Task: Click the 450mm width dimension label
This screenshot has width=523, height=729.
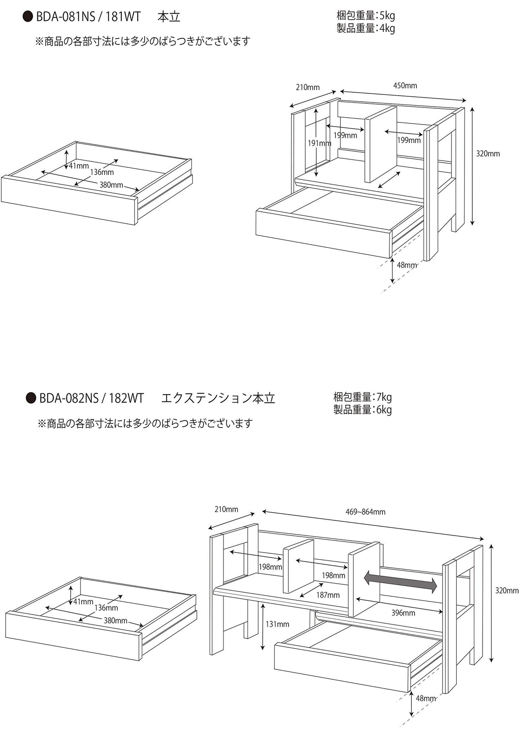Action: [x=405, y=86]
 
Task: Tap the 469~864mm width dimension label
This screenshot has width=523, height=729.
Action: [x=365, y=512]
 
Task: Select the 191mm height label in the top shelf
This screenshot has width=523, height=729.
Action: [x=319, y=143]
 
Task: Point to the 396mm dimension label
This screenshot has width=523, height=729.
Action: [x=403, y=613]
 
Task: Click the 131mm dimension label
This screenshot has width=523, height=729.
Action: [x=277, y=624]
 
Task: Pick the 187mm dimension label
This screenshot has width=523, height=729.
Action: [x=328, y=595]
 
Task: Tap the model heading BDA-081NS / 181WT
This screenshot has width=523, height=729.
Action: [x=88, y=17]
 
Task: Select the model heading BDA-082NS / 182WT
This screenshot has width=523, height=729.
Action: [x=91, y=398]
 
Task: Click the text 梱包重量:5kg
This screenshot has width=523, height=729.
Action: [x=366, y=16]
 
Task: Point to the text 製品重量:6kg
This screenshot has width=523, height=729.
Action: [x=362, y=410]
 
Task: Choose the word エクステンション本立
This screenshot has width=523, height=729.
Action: [x=218, y=398]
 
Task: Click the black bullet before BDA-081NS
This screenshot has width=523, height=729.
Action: [x=28, y=17]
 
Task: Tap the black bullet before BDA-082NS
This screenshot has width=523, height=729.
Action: [x=31, y=398]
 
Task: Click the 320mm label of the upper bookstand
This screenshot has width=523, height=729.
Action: [x=488, y=154]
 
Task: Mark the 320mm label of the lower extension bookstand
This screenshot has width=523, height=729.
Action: [x=507, y=591]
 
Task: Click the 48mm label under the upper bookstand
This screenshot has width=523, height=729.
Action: [x=407, y=265]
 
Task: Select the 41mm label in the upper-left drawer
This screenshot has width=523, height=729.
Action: [x=79, y=166]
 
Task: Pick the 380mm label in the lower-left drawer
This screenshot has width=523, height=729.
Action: [x=115, y=621]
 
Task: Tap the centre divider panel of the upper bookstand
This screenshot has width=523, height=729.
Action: [x=380, y=145]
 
